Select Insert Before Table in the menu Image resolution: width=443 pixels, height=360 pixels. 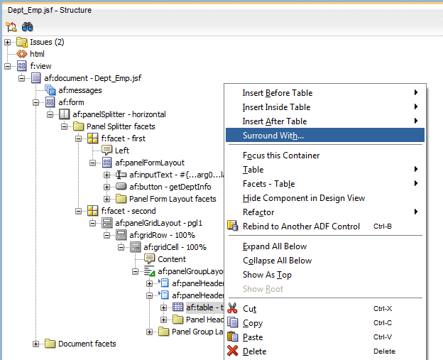pos(277,93)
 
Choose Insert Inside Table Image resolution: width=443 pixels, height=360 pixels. pos(276,107)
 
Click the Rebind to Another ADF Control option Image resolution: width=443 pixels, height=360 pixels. pos(301,227)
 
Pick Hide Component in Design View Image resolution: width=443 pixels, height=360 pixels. pos(304,198)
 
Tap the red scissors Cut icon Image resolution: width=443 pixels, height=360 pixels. pos(232,308)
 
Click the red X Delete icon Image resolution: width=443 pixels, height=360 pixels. pos(233,351)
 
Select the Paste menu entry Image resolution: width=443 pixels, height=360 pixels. pos(253,337)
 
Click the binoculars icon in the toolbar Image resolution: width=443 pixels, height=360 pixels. pos(28,27)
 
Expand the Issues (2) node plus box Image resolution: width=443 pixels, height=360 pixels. pos(7,43)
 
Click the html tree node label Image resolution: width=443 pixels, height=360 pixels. pos(37,54)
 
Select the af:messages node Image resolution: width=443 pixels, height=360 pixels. pos(80,90)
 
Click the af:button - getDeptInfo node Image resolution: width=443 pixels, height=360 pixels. pos(170,187)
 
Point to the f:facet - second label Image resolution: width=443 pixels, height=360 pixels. pos(128,211)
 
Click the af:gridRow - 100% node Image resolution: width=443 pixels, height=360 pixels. pos(162,235)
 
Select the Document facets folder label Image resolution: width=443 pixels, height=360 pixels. pos(87,344)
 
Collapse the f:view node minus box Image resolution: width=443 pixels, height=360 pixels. pos(7,67)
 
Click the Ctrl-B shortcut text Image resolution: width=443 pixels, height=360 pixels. pos(383,227)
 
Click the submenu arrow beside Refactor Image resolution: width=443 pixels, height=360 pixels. pos(416,212)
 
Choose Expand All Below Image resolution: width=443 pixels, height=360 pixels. pos(275,246)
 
